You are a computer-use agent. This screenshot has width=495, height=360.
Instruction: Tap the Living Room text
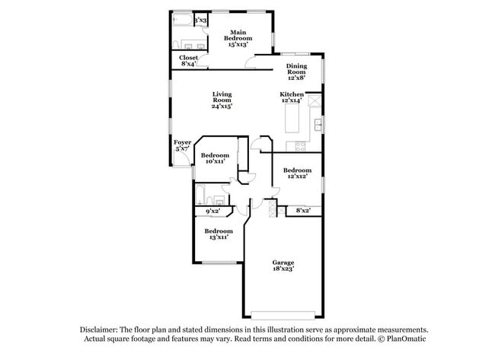222,100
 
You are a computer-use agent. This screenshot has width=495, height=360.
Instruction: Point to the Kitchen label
292,97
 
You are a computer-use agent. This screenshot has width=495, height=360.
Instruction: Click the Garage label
283,265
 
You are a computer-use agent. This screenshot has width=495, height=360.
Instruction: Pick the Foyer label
182,145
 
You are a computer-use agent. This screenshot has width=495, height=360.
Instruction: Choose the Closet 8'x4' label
189,60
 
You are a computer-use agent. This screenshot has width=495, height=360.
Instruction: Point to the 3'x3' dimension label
201,21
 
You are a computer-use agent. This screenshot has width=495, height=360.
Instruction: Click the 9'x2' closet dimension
212,211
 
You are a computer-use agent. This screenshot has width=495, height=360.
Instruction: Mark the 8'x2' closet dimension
302,210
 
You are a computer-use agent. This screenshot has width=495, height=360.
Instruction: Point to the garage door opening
283,315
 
